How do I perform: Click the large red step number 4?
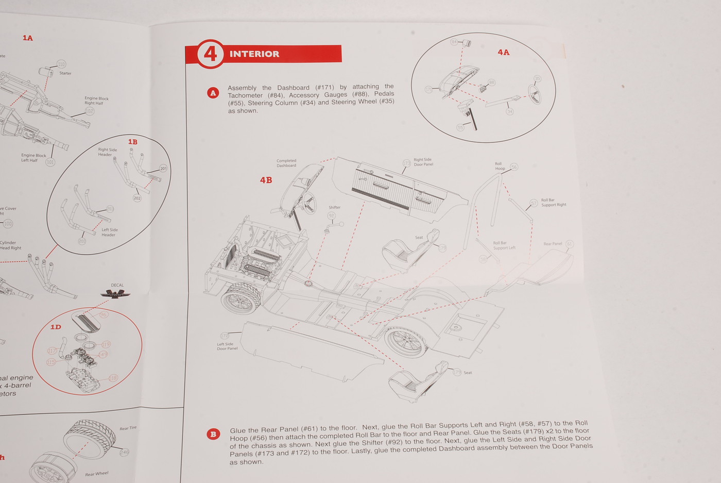coord(210,54)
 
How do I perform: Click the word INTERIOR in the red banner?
coord(254,54)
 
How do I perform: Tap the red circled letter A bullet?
coord(213,93)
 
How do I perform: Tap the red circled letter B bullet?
coord(213,434)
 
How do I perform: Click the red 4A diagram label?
coord(503,52)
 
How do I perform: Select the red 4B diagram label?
coord(266,180)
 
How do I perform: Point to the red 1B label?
coord(133,142)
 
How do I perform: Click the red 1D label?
coord(56,327)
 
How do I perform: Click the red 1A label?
coord(28,38)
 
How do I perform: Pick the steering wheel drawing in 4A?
coord(535,94)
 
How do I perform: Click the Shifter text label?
coord(335,207)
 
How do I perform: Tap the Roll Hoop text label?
coord(500,166)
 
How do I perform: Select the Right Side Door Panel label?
coord(423,162)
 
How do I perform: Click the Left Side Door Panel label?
coord(227,346)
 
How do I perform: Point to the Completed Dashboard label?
coord(286,163)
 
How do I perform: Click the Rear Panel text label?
coord(553,244)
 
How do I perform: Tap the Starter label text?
coord(65,73)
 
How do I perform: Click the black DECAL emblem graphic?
coord(115,294)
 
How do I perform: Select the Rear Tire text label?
coord(128,428)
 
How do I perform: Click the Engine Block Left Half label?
coord(33,158)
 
